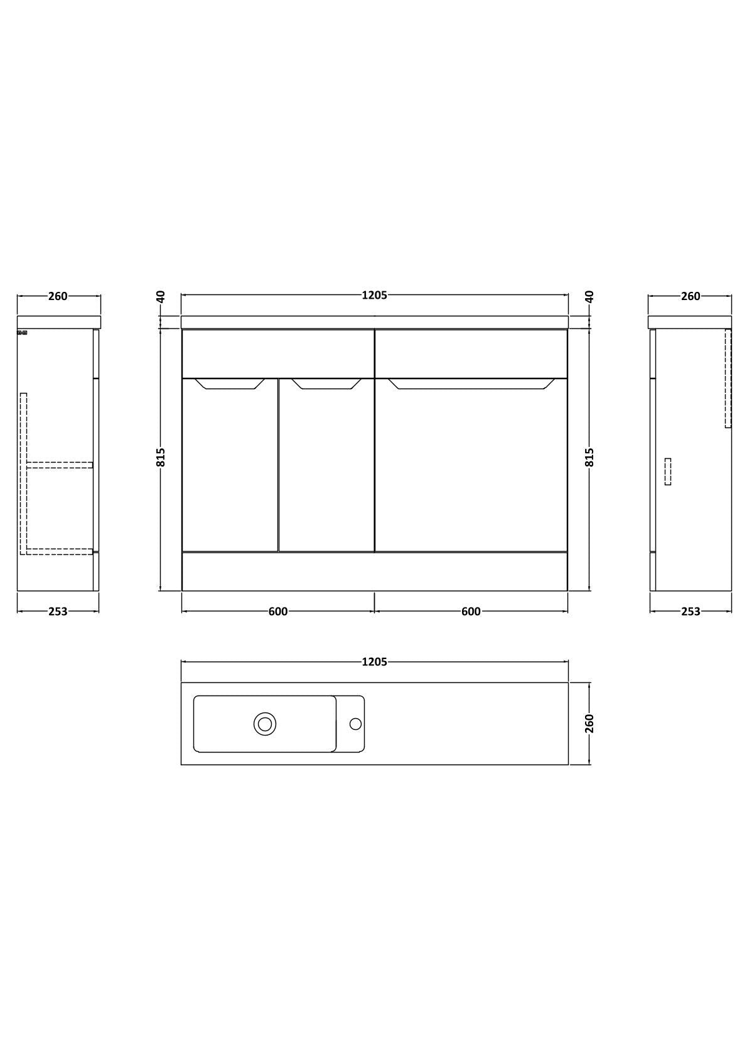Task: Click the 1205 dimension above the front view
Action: coord(374,296)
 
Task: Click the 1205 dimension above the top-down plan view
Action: coord(374,662)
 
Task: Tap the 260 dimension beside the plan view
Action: coord(589,723)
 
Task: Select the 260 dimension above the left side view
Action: coord(58,296)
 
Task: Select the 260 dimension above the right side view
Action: coord(691,296)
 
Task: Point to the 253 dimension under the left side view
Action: coord(58,611)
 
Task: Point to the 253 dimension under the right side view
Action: coord(691,611)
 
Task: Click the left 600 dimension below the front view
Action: coord(278,611)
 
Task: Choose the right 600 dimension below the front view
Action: coord(470,611)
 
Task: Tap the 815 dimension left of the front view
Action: coord(161,457)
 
